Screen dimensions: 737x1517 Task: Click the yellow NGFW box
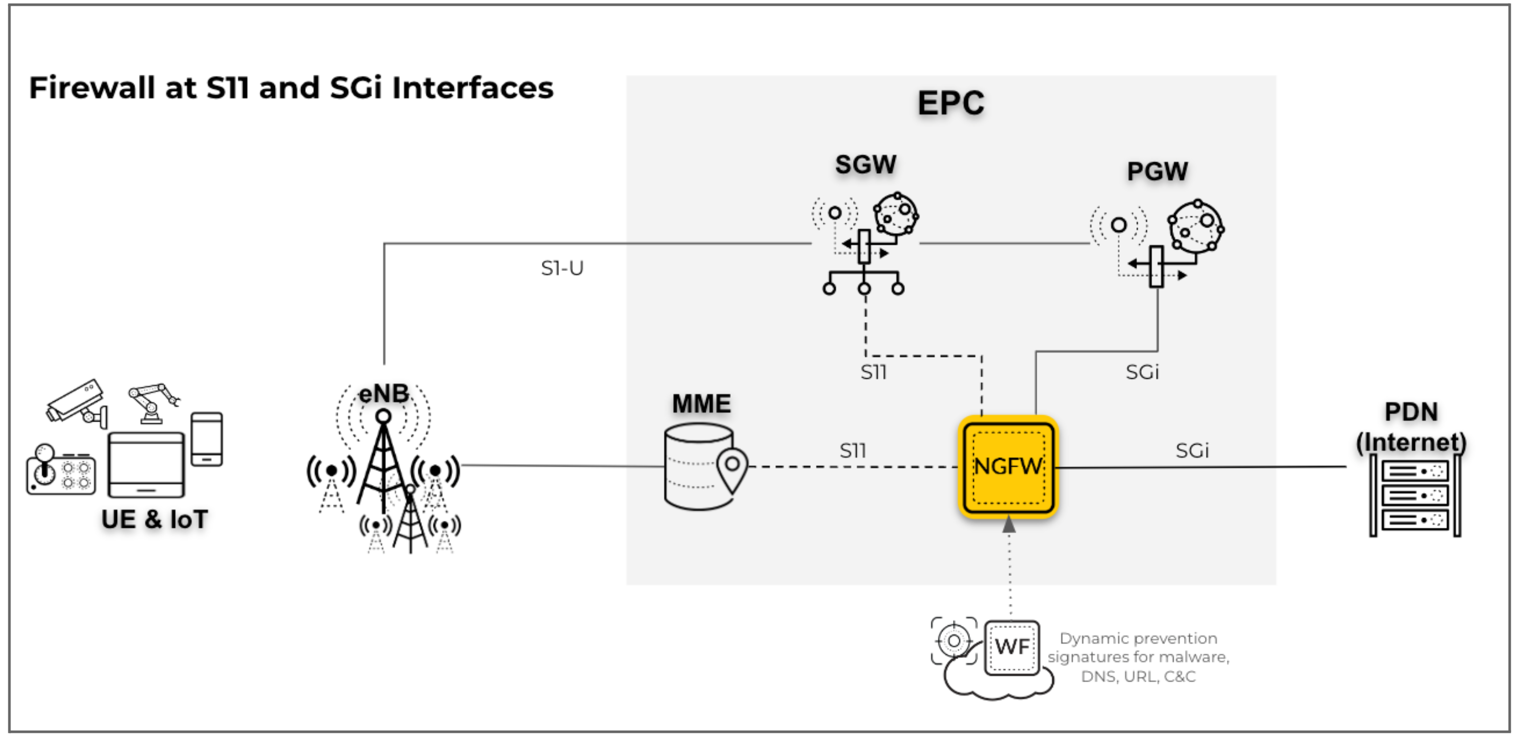coord(1008,467)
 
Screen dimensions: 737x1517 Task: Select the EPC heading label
coord(950,103)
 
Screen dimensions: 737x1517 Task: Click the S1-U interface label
coord(562,269)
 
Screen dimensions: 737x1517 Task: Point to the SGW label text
coord(866,164)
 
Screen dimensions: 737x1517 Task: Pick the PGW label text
coord(1157,172)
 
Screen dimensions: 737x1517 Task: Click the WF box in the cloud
coord(1012,647)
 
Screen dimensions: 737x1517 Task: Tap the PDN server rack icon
coord(1415,495)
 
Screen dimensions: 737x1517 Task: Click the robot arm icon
coord(153,402)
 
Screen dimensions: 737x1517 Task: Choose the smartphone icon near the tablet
coord(206,439)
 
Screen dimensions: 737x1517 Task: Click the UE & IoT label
coord(154,519)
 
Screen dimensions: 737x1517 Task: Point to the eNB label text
coord(384,393)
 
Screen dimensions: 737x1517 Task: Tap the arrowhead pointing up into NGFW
coord(1009,524)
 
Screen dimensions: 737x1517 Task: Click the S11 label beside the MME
coord(853,451)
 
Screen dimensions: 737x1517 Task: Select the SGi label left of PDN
coord(1192,451)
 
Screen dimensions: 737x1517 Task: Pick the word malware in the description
coord(1201,657)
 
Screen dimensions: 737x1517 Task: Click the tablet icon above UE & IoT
coord(146,464)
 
